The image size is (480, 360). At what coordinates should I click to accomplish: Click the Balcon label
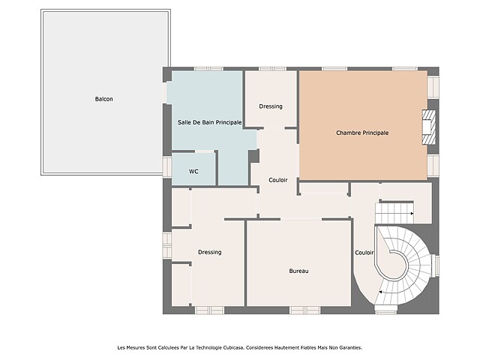click(103, 99)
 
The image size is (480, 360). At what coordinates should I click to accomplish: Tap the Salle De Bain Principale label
click(210, 122)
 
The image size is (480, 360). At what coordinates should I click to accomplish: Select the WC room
click(193, 169)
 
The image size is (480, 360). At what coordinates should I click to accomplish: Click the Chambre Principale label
click(362, 133)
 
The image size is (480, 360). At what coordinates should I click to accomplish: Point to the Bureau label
click(298, 271)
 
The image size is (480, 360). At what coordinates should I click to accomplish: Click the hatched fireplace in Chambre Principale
click(429, 127)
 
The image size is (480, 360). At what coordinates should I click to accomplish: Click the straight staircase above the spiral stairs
click(394, 212)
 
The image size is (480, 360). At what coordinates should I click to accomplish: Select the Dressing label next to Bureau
click(210, 252)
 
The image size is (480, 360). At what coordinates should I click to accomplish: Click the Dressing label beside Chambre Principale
click(271, 106)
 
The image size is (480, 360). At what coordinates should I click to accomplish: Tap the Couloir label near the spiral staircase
click(364, 253)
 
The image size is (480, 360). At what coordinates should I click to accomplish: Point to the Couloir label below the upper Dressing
click(278, 180)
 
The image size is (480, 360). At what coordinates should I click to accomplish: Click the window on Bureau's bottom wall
click(305, 310)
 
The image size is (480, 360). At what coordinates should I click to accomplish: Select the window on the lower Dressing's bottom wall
click(210, 310)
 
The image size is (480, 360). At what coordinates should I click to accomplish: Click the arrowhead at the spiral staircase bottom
click(380, 292)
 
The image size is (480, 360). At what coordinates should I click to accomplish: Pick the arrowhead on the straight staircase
click(412, 213)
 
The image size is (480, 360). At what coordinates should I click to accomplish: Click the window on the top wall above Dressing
click(272, 69)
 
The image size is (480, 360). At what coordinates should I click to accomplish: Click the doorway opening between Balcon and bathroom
click(165, 93)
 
